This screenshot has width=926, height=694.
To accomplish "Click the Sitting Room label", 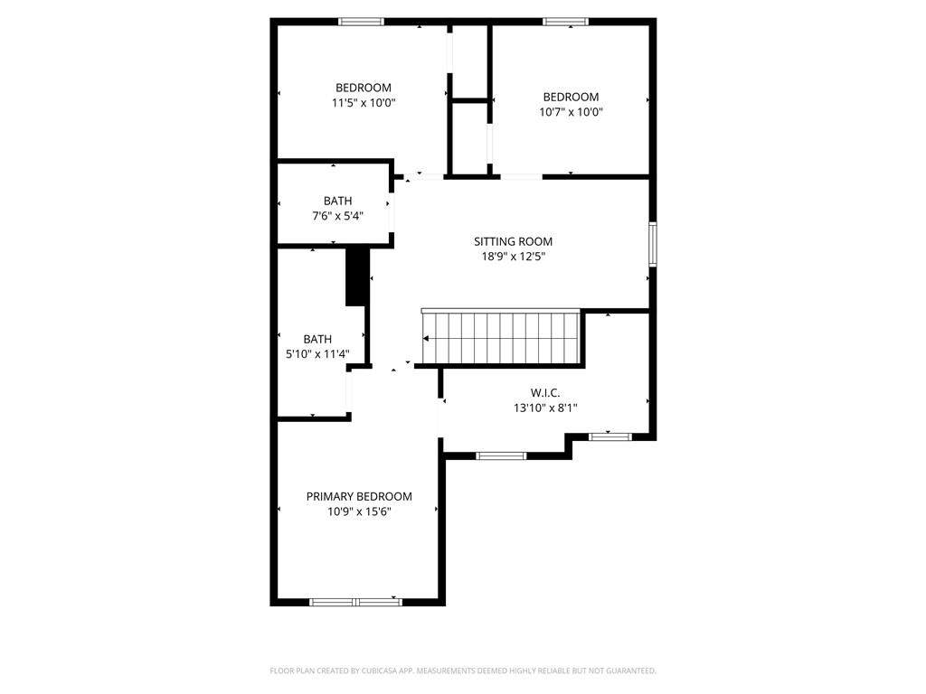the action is pyautogui.click(x=513, y=241).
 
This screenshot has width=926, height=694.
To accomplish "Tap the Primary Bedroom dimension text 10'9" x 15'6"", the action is pyautogui.click(x=359, y=511).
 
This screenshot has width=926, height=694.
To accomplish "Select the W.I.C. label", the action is pyautogui.click(x=545, y=392).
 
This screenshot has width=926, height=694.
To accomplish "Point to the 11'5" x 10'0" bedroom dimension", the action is pyautogui.click(x=364, y=103).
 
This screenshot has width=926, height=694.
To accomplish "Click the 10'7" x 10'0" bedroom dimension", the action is pyautogui.click(x=571, y=111).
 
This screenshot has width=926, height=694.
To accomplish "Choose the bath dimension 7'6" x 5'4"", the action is pyautogui.click(x=337, y=216).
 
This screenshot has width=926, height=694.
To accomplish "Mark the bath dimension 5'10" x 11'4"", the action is pyautogui.click(x=317, y=354).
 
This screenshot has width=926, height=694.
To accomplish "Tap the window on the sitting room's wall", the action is pyautogui.click(x=653, y=244).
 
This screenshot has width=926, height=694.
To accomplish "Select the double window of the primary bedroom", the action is pyautogui.click(x=355, y=602).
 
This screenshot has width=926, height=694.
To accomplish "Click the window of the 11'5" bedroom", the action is pyautogui.click(x=361, y=22).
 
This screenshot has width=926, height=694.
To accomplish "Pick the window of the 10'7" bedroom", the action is pyautogui.click(x=565, y=22).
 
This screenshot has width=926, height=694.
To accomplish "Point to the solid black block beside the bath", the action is pyautogui.click(x=356, y=277).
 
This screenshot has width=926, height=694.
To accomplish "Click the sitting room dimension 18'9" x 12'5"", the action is pyautogui.click(x=513, y=257).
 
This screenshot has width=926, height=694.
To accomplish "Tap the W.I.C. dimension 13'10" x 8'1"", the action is pyautogui.click(x=545, y=408).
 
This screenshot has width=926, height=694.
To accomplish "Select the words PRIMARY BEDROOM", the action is pyautogui.click(x=359, y=496).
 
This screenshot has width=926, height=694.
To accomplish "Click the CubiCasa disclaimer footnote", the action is pyautogui.click(x=463, y=671).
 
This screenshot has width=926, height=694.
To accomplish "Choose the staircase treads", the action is pyautogui.click(x=501, y=339).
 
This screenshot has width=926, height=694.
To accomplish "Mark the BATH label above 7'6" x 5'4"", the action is pyautogui.click(x=337, y=201).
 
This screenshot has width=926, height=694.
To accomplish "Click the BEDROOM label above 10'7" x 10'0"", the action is pyautogui.click(x=571, y=97).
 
